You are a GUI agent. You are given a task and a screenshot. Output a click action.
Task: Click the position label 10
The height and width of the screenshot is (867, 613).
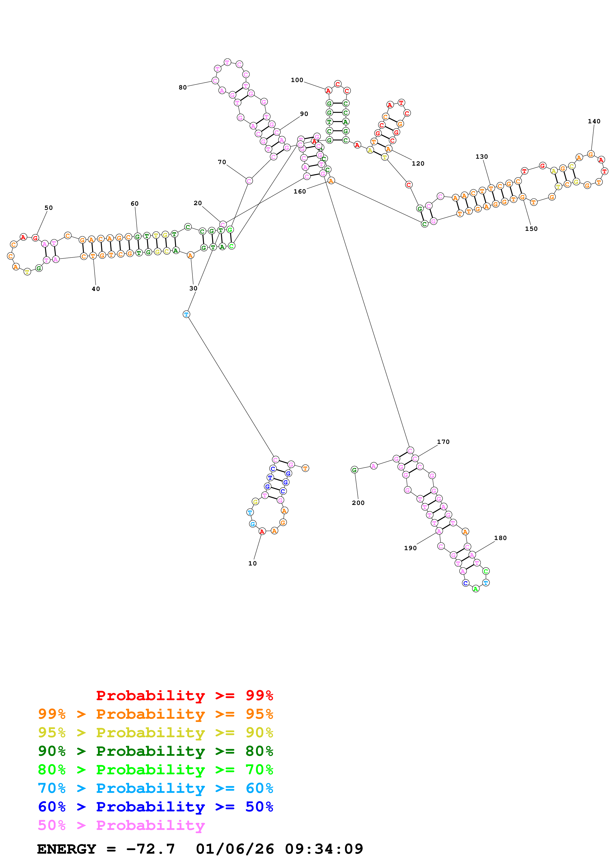tap(252, 564)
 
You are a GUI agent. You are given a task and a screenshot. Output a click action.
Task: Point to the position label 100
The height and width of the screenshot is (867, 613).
tap(297, 80)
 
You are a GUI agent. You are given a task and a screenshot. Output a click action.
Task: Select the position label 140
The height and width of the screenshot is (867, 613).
tap(594, 121)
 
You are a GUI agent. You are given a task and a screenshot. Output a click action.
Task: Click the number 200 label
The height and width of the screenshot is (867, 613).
tap(358, 503)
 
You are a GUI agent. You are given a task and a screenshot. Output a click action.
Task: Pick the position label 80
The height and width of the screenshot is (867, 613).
tap(183, 87)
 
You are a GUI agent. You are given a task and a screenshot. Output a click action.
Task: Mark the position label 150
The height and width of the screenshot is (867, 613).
tap(531, 229)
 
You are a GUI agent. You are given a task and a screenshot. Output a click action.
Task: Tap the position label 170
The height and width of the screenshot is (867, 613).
tap(443, 442)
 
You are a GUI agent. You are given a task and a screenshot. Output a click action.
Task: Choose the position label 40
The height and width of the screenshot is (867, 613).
tap(96, 289)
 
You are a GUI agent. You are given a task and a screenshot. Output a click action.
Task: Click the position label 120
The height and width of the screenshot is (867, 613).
tap(418, 164)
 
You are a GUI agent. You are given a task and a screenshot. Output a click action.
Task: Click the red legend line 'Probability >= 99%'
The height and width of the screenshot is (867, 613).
tap(184, 695)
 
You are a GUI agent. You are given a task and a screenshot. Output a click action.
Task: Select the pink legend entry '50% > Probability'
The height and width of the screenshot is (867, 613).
tap(121, 825)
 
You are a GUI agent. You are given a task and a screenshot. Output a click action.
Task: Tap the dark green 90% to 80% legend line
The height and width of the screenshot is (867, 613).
tap(155, 751)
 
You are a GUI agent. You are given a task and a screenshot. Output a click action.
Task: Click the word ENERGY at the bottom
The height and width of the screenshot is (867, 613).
tap(67, 849)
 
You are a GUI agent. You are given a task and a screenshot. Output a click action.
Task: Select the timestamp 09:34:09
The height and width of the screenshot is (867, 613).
tap(324, 849)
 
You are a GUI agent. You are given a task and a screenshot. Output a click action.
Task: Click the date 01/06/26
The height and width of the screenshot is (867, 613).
tap(235, 849)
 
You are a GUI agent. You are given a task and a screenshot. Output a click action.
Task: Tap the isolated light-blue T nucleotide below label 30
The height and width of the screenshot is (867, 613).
tap(186, 314)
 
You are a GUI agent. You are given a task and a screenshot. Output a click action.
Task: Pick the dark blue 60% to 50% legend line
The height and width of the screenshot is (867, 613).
tap(155, 807)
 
